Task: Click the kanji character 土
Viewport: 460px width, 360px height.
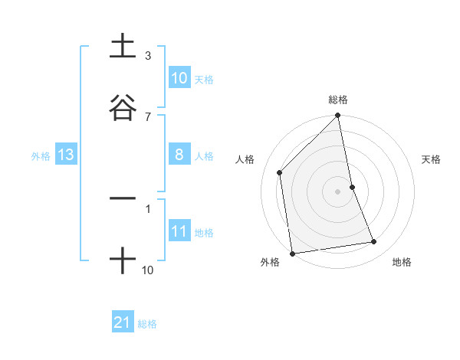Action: point(123,47)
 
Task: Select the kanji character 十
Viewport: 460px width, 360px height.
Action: point(123,261)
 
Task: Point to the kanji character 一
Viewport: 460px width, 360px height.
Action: point(123,198)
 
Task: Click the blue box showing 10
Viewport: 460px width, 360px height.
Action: point(179,78)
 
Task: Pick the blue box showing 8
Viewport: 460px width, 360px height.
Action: point(179,155)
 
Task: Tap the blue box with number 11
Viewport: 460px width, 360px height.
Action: point(179,231)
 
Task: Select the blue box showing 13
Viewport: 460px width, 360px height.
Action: point(66,155)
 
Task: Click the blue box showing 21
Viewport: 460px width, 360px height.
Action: point(123,322)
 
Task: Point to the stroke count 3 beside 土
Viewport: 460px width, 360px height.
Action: point(147,56)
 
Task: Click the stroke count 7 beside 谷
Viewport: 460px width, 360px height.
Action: point(147,116)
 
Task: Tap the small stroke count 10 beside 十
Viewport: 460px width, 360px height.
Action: point(148,270)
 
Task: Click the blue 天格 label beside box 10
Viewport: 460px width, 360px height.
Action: point(204,79)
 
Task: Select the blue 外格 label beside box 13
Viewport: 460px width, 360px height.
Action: point(41,155)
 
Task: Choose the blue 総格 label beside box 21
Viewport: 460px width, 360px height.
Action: point(147,323)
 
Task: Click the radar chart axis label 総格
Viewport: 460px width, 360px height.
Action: point(338,100)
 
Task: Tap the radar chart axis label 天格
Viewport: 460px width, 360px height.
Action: point(432,159)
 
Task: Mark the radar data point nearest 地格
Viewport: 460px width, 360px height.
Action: point(374,242)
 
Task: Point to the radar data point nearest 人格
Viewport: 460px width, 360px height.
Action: point(280,172)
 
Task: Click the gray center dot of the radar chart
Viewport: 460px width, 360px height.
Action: point(338,191)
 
